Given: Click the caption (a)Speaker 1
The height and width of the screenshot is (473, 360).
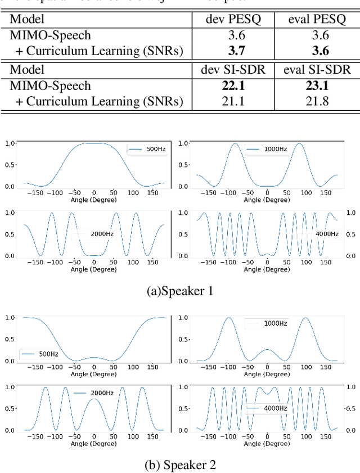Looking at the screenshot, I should click(179, 291).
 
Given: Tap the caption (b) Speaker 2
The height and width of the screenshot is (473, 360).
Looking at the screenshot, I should click(179, 465).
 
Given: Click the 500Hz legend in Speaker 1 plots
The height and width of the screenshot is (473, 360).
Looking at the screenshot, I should click(147, 150).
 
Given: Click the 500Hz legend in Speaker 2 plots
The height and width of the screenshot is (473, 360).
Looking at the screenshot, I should click(39, 354).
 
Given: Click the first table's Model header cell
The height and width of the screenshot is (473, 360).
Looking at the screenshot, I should click(28, 20).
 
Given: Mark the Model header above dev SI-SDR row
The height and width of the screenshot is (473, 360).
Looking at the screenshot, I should click(28, 70).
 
